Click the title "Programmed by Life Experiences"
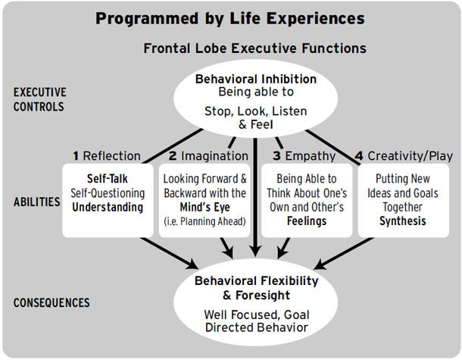(x=230, y=18)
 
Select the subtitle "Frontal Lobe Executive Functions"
(x=254, y=49)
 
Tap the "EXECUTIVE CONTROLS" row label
(x=40, y=99)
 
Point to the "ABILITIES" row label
(x=37, y=202)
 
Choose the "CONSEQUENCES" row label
(x=52, y=303)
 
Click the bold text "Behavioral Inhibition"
(x=256, y=79)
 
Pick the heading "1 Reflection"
(x=107, y=156)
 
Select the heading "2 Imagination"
(x=208, y=156)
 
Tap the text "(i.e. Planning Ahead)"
(x=205, y=222)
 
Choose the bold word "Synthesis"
(x=402, y=222)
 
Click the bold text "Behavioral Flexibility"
(x=257, y=280)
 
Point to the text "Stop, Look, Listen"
(x=256, y=111)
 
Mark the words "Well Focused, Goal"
(x=257, y=314)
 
